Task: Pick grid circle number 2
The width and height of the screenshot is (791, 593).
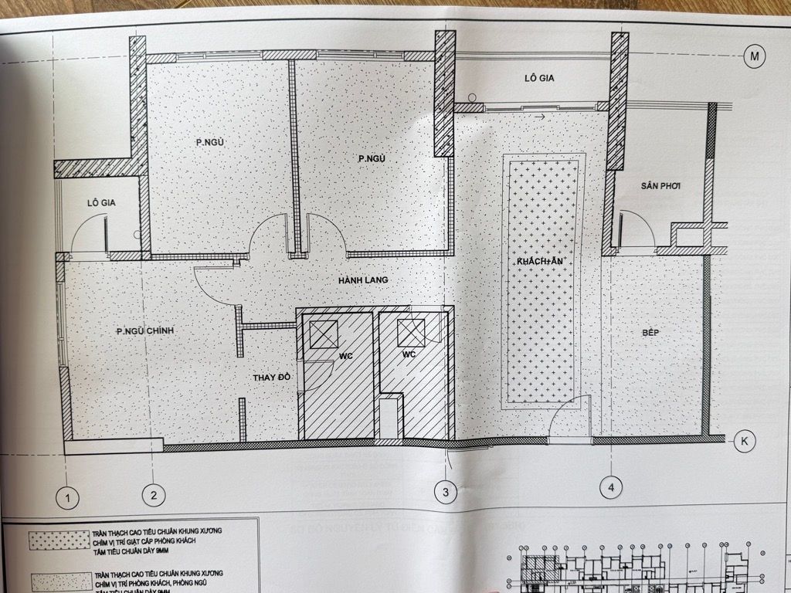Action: point(154,495)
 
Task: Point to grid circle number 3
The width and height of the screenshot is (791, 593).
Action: point(445,490)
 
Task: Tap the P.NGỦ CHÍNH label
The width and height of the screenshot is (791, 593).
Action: point(145,331)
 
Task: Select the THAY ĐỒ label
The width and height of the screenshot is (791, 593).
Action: point(271,378)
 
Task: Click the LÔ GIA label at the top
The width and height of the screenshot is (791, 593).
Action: point(540,79)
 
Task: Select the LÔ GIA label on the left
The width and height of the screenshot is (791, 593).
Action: point(101,203)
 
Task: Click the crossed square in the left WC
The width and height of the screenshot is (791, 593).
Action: point(322,334)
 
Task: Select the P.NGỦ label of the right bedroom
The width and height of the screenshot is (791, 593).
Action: point(372,159)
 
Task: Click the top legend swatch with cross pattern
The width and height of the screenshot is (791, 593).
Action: point(58,540)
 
